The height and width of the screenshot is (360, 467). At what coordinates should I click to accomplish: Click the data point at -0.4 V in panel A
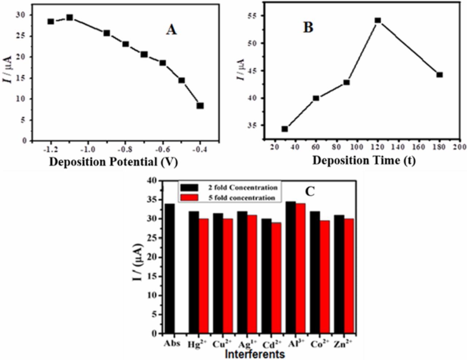coord(200,106)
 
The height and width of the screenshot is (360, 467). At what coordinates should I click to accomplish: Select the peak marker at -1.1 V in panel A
coord(70,18)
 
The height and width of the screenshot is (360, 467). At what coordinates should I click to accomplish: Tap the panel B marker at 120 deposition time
coord(378,20)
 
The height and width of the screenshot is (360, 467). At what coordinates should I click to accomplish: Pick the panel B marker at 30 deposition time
coord(285,129)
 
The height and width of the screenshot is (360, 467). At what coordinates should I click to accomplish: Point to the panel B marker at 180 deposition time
coord(440,75)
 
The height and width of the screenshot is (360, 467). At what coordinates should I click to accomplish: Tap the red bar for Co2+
coord(325,277)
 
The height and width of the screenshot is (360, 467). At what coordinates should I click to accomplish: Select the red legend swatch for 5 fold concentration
coord(189,198)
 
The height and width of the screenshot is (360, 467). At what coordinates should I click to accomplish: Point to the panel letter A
coord(171,30)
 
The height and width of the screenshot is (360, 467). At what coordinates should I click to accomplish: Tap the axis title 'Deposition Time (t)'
coord(363,160)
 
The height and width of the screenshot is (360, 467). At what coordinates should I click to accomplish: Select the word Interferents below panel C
coord(254,353)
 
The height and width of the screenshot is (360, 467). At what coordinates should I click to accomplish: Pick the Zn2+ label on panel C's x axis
coord(343,344)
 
